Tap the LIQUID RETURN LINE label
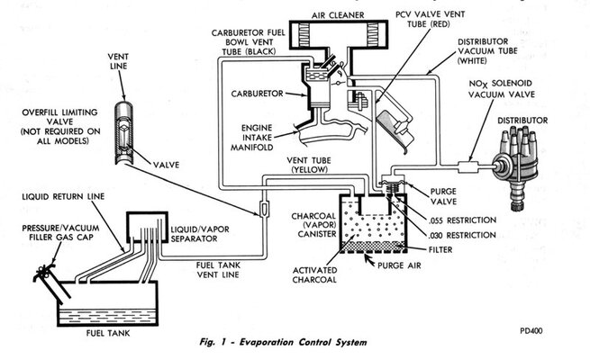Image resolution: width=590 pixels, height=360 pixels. (x=60, y=194)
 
